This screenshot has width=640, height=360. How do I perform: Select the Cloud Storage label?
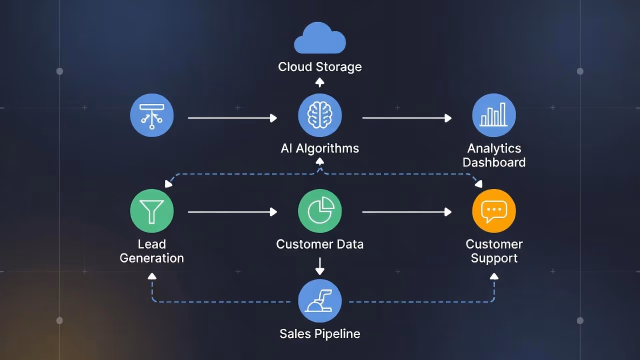click(x=320, y=67)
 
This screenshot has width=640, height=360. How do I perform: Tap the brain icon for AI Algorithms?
click(x=320, y=116)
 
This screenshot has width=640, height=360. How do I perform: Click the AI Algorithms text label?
click(x=320, y=148)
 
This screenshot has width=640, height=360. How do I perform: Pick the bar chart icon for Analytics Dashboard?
click(x=494, y=116)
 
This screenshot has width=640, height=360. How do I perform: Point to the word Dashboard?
click(x=494, y=162)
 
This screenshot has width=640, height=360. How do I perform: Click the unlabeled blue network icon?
click(x=152, y=116)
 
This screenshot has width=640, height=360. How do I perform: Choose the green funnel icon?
click(x=152, y=210)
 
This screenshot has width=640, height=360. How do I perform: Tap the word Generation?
click(x=152, y=258)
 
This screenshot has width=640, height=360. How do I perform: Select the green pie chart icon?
click(x=320, y=210)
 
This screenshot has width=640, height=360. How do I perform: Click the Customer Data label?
click(x=320, y=244)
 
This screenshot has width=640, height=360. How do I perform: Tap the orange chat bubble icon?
click(x=494, y=210)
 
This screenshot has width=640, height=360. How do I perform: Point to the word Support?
click(x=494, y=258)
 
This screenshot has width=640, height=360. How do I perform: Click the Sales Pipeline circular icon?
click(x=320, y=301)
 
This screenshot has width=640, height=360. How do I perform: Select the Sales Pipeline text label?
click(x=320, y=334)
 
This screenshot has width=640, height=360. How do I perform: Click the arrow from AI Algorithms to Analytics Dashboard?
click(x=406, y=118)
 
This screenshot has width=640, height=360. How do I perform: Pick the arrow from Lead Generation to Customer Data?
click(x=232, y=212)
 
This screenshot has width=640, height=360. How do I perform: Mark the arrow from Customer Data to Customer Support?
click(x=406, y=212)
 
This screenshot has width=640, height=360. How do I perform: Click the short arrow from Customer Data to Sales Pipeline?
click(x=320, y=266)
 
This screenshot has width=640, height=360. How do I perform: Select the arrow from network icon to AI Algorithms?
click(x=232, y=118)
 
